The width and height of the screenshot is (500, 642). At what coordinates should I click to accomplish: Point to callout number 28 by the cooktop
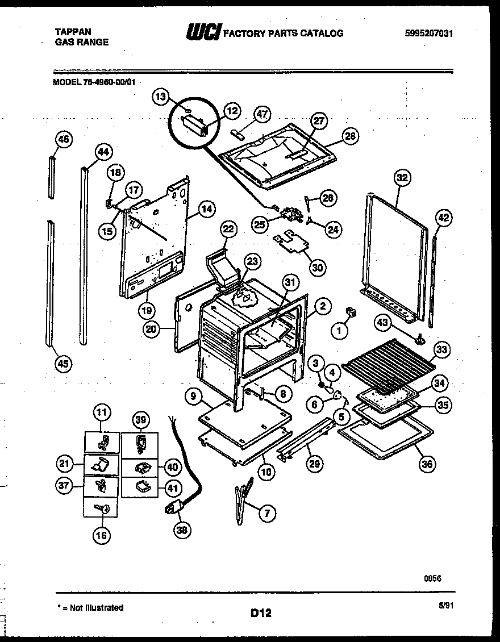pyautogui.click(x=351, y=136)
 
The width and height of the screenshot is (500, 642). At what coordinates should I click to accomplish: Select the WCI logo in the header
pyautogui.click(x=201, y=34)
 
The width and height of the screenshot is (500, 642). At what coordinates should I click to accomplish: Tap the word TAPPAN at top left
pyautogui.click(x=72, y=32)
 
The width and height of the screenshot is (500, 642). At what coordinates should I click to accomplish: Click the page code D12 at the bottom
pyautogui.click(x=261, y=612)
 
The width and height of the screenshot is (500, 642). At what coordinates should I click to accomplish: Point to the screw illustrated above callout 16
pyautogui.click(x=104, y=509)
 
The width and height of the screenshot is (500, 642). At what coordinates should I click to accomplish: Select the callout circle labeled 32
pyautogui.click(x=401, y=178)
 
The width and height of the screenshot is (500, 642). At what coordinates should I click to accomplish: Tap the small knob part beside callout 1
pyautogui.click(x=351, y=312)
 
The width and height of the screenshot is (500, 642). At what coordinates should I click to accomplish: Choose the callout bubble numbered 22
pyautogui.click(x=227, y=230)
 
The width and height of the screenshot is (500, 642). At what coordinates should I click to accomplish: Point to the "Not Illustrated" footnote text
pyautogui.click(x=93, y=607)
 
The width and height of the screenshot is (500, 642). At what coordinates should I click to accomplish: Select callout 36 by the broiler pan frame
pyautogui.click(x=426, y=464)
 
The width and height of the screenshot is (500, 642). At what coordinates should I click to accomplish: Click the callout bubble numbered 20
pyautogui.click(x=151, y=330)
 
